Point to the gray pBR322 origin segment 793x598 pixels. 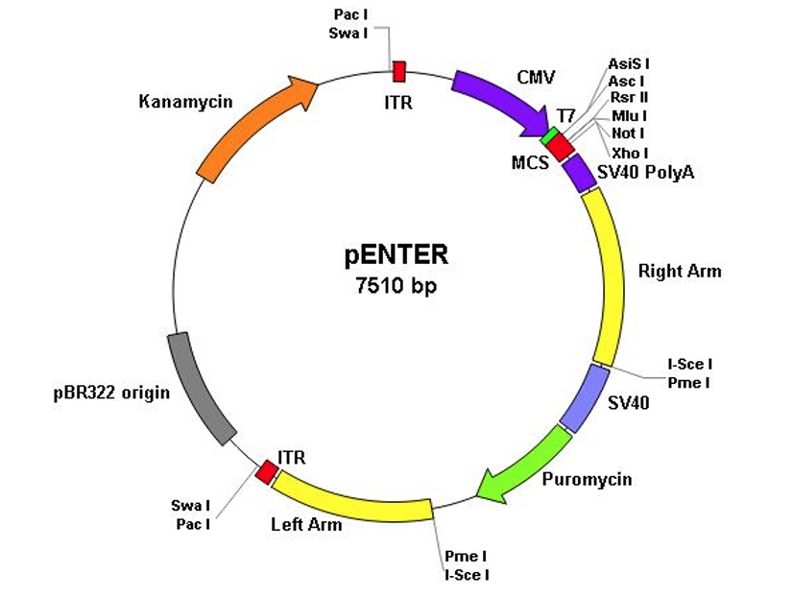tap(201, 388)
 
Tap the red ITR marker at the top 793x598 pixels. tap(398, 71)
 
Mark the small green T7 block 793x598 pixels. tap(549, 136)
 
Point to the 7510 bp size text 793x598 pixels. tap(396, 285)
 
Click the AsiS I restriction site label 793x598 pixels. tap(628, 63)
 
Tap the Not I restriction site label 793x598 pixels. tap(629, 133)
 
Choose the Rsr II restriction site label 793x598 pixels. tap(629, 99)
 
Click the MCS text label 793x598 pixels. tap(530, 162)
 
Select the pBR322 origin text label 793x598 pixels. tap(111, 392)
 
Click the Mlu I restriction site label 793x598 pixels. tap(629, 116)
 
